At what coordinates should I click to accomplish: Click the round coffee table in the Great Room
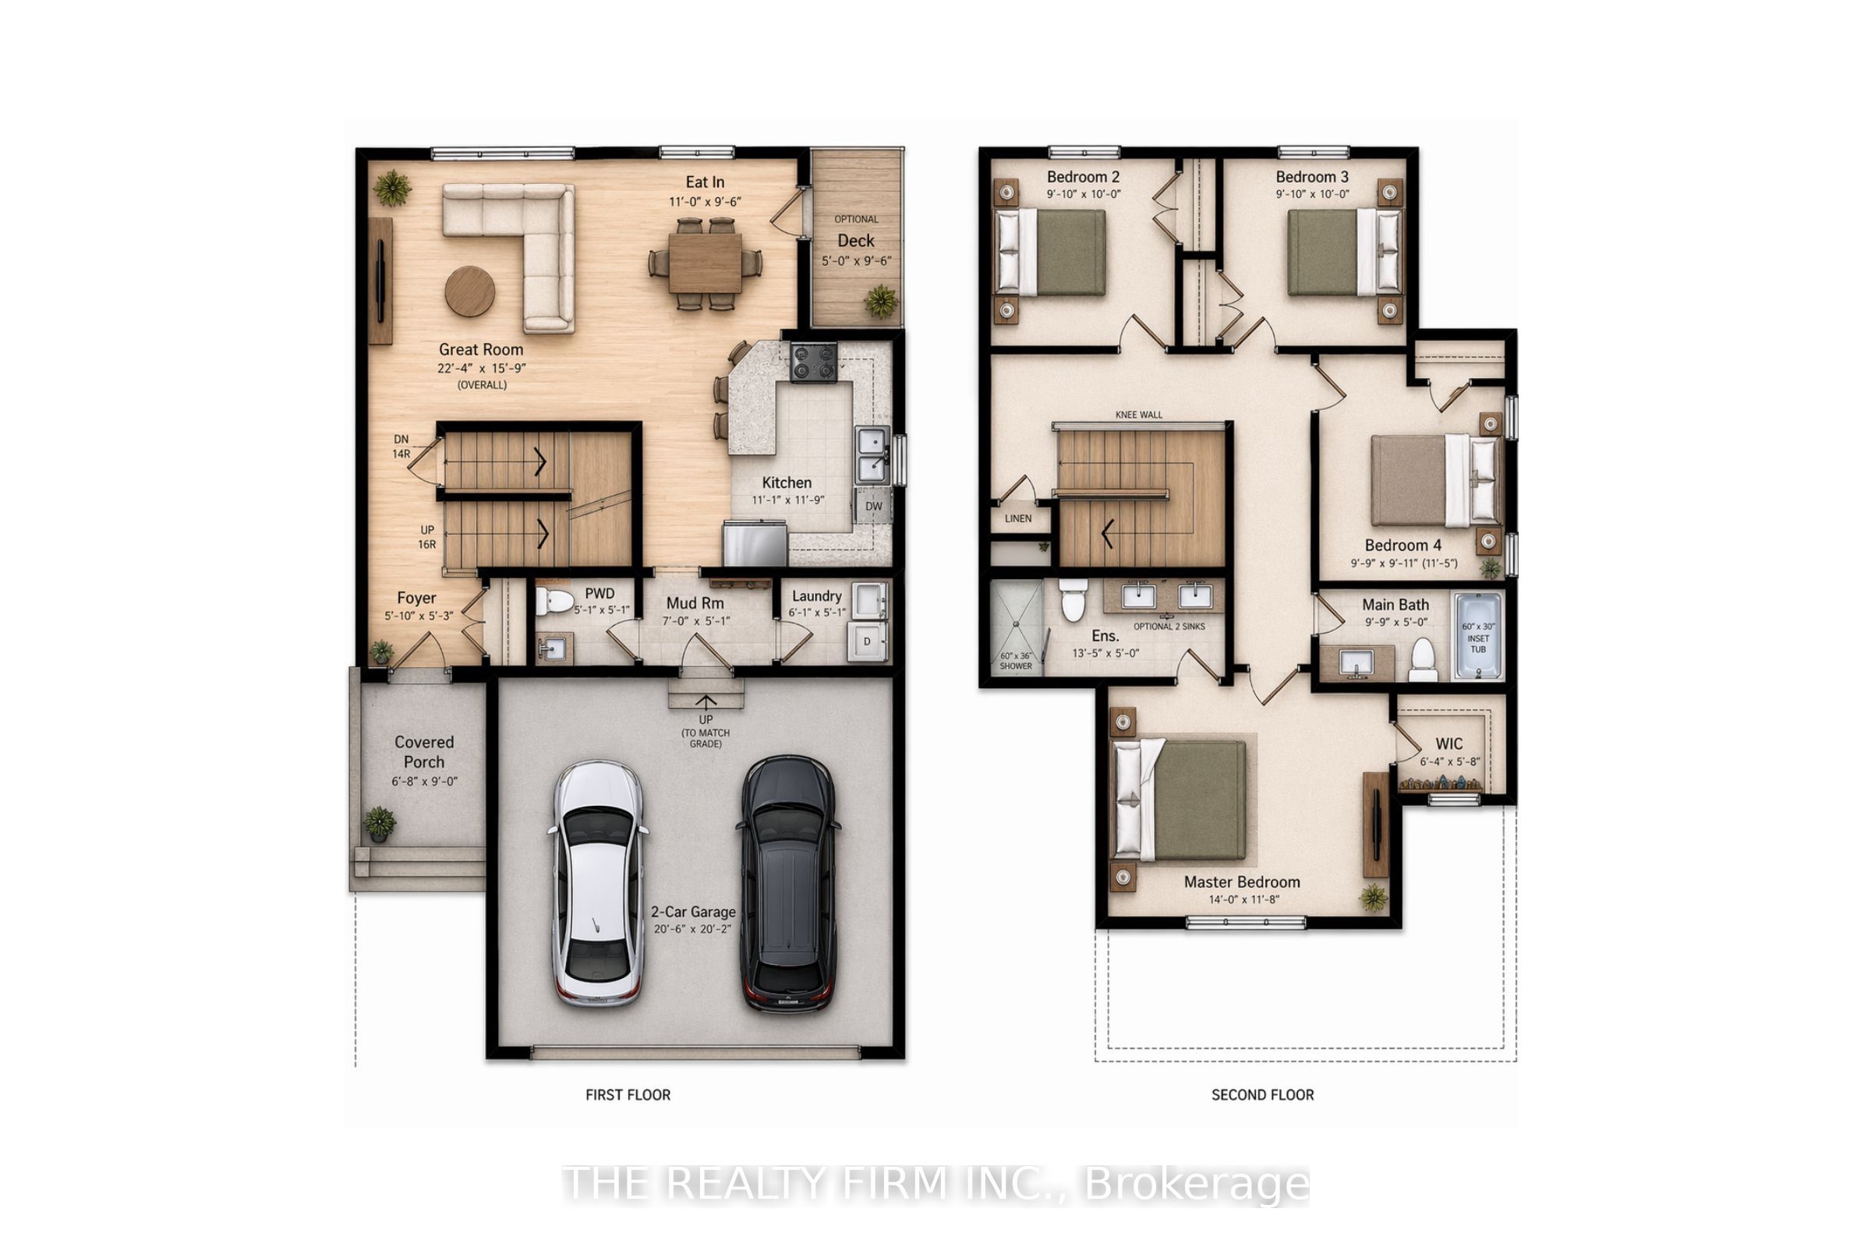[469, 291]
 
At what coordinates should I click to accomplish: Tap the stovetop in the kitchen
[813, 362]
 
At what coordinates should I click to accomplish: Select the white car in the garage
[597, 883]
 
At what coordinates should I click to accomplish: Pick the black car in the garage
[787, 884]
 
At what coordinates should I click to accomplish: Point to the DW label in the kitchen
[873, 506]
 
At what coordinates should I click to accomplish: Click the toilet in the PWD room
[554, 601]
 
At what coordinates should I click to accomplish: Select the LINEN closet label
[1017, 518]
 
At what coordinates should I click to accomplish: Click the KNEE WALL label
[1138, 415]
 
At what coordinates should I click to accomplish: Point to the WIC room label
[1448, 744]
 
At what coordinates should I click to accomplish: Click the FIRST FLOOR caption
[628, 1095]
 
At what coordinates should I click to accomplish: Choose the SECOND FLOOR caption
[1262, 1095]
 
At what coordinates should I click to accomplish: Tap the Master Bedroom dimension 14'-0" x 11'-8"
[1243, 899]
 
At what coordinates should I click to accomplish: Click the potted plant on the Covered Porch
[380, 823]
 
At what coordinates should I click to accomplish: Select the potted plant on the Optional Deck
[882, 302]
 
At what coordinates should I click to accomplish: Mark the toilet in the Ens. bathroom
[1073, 599]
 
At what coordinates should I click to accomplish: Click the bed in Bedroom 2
[1051, 252]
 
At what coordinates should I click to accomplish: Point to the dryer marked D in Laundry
[867, 641]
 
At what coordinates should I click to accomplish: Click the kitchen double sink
[872, 455]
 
